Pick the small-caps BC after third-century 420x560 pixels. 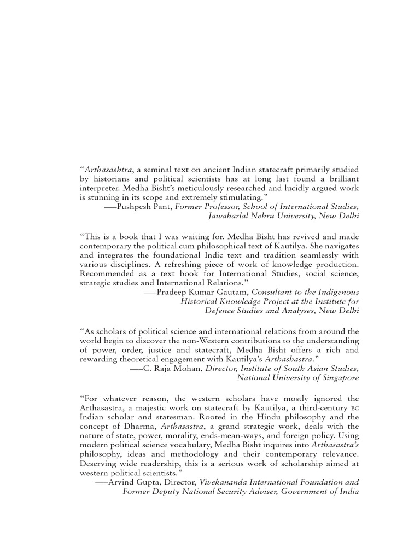(354, 407)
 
